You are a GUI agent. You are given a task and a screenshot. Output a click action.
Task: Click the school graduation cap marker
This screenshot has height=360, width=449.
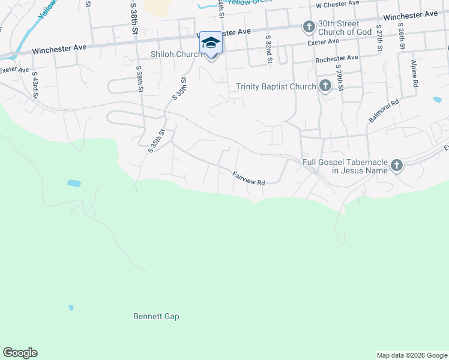point(211,43)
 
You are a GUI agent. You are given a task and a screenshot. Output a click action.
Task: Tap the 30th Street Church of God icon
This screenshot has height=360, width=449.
point(309,26)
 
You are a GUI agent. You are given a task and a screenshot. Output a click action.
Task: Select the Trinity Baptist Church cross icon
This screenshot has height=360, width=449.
point(325,86)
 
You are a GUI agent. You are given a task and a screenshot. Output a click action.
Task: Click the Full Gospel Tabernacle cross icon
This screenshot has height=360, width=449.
point(396,165)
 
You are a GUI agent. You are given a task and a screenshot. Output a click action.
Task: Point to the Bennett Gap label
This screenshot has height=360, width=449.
point(156,316)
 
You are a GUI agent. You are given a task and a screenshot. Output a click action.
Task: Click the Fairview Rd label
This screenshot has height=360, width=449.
point(249,178)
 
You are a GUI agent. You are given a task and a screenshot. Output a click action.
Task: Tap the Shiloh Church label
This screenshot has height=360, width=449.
point(176,55)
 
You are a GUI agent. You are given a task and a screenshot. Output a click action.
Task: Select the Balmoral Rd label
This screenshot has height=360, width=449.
point(384,112)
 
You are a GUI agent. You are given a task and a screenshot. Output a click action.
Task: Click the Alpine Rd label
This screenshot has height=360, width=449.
point(414,74)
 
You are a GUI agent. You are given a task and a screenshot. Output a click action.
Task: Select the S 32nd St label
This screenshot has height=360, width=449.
point(269,49)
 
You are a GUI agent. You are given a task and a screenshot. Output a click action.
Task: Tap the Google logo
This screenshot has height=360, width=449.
point(20,353)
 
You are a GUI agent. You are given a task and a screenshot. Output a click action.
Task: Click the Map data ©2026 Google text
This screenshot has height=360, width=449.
point(411,355)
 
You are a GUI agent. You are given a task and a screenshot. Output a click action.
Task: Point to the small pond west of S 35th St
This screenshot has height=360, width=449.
point(74,182)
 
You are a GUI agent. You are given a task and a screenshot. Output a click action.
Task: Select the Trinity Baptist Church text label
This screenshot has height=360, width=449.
point(276,87)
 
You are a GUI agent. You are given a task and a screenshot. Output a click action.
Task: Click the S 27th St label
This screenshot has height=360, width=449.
point(379,38)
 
